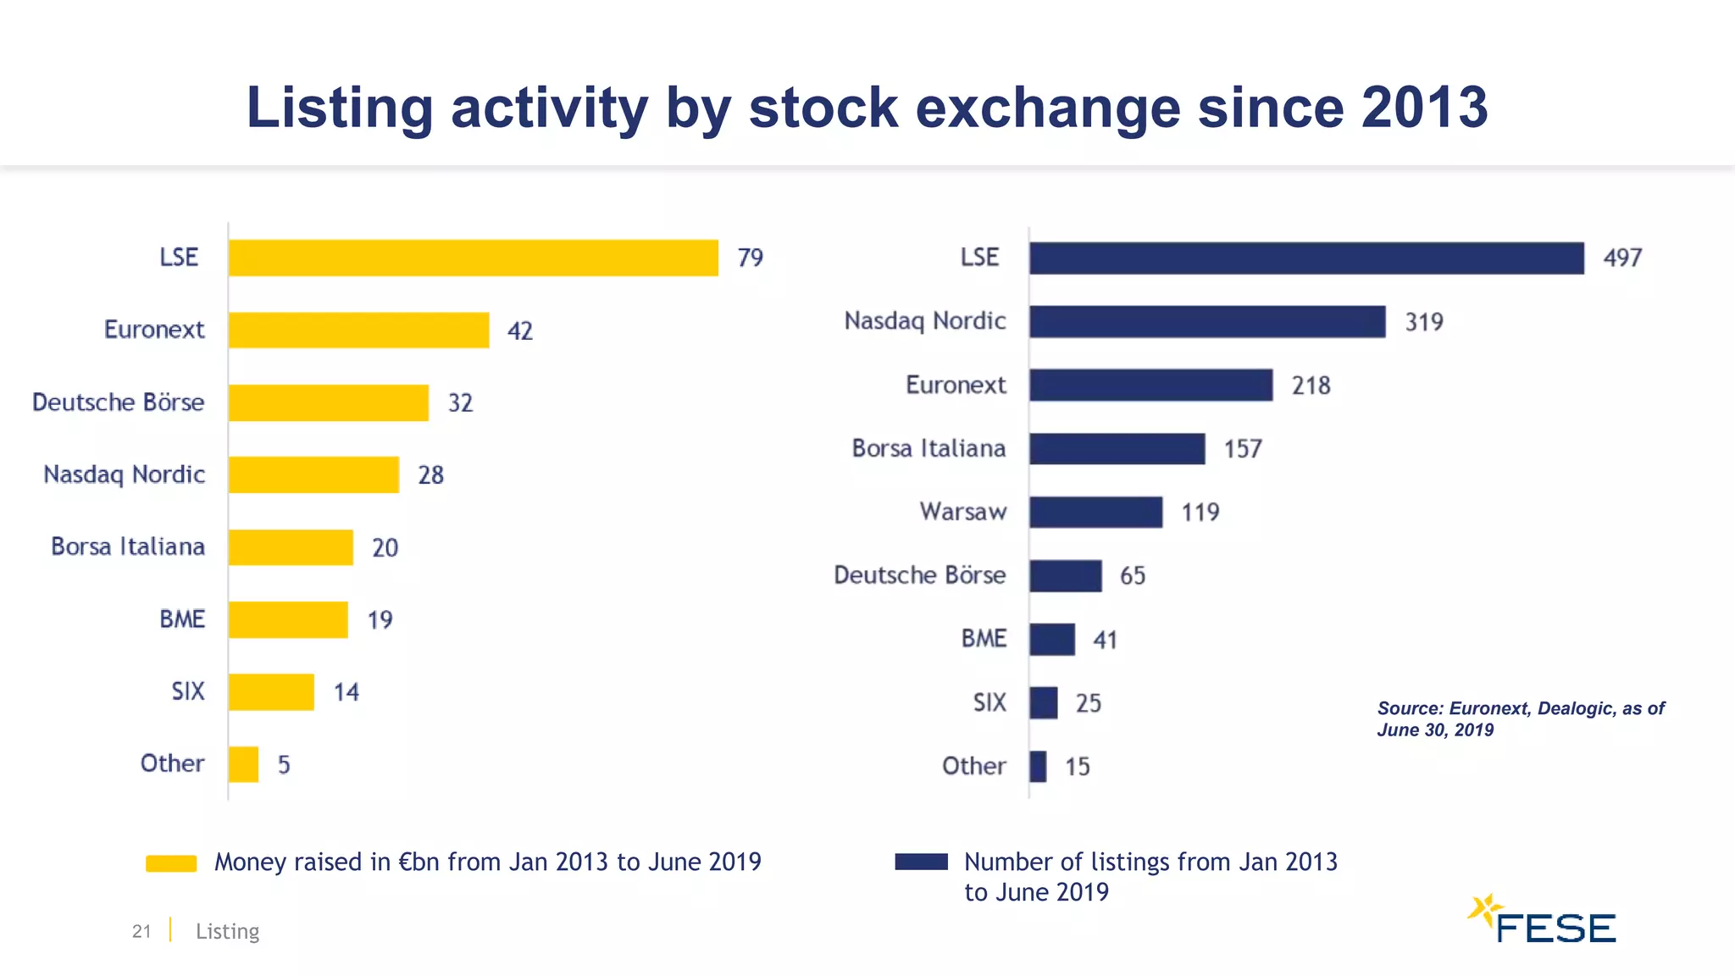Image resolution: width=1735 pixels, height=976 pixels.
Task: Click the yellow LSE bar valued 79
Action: click(473, 258)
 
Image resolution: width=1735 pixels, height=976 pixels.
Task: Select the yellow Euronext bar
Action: click(358, 330)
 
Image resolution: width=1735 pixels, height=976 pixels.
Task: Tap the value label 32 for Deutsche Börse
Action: click(460, 402)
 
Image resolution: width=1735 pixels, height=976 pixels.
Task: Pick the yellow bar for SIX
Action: click(271, 691)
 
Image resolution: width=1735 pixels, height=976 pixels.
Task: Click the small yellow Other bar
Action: click(243, 764)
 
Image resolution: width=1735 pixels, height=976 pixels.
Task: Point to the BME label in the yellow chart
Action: click(182, 619)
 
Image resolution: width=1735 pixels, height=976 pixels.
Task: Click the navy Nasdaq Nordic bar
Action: click(1207, 322)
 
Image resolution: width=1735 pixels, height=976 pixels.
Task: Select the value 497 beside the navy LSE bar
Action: click(1622, 258)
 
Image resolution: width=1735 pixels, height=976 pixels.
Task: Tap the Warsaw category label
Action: click(963, 512)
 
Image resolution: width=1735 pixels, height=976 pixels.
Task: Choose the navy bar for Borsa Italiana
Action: click(1117, 449)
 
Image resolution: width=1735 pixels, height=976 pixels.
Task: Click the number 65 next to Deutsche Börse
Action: click(1132, 576)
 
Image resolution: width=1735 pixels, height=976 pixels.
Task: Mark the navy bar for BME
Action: click(1052, 640)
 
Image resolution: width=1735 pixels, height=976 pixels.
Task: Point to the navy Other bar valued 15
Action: click(1038, 767)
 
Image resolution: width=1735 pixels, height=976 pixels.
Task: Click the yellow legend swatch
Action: click(171, 863)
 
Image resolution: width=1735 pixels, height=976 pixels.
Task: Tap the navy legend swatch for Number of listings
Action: click(921, 862)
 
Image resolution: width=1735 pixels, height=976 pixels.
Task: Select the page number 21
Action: click(141, 931)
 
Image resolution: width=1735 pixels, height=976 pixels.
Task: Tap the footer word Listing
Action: click(227, 931)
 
